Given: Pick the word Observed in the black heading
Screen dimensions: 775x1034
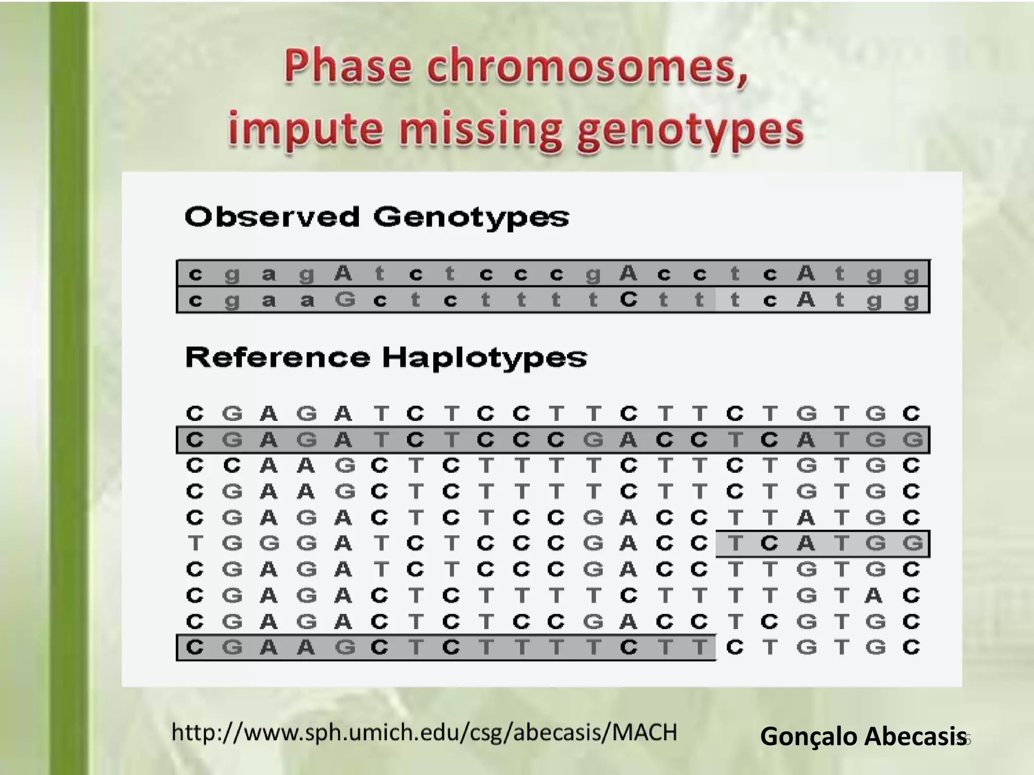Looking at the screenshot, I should tap(272, 217).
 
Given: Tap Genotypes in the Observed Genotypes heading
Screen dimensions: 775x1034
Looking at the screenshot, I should tap(471, 218).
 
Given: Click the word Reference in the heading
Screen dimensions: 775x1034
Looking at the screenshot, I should tap(278, 357).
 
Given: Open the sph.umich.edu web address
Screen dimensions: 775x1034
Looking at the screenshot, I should tap(424, 732).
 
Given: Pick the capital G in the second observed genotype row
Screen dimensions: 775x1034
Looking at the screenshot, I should tap(345, 300).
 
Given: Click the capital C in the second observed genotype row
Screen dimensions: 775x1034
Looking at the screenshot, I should tap(629, 300).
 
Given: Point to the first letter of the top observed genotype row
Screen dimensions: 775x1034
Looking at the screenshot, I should tap(195, 274).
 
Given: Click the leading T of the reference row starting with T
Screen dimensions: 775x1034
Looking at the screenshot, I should tap(195, 544).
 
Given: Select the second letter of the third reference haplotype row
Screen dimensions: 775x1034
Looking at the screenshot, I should tap(232, 466).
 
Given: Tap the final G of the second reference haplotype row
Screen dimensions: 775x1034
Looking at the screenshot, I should tap(912, 440).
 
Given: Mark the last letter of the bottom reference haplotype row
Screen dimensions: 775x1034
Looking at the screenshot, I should tap(912, 647).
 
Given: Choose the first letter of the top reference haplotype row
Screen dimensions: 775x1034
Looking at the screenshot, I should tap(195, 414).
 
